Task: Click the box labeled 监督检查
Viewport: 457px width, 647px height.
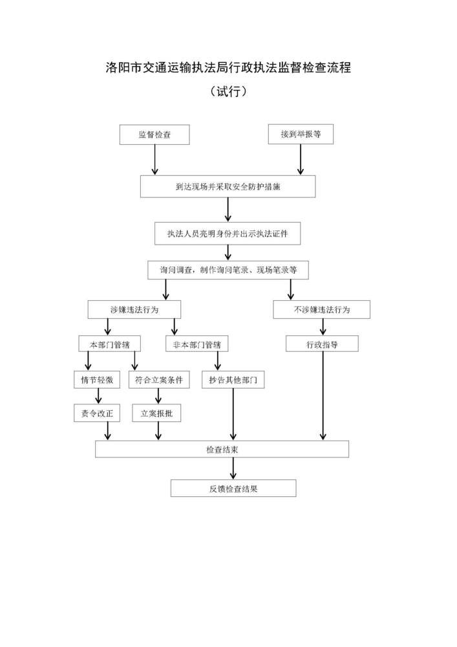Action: (x=154, y=135)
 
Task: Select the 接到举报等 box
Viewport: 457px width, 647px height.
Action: (x=301, y=135)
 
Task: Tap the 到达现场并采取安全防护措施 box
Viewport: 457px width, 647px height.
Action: (x=228, y=187)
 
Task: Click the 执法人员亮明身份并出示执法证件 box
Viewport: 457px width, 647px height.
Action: (x=228, y=234)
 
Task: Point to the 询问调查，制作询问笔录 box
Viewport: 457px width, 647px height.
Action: (x=228, y=270)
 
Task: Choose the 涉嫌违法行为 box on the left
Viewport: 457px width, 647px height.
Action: (x=134, y=310)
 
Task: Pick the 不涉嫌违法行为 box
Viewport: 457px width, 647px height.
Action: (x=321, y=310)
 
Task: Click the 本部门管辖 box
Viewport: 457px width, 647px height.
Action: (x=109, y=344)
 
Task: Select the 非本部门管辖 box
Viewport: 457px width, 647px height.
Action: (x=197, y=344)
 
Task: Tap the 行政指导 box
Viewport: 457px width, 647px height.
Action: (x=321, y=344)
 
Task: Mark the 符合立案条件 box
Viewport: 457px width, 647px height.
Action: (x=159, y=380)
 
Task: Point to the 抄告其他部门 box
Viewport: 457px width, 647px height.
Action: (x=233, y=380)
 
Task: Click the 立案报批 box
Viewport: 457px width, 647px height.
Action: (x=158, y=413)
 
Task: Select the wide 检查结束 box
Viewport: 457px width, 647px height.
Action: (x=222, y=449)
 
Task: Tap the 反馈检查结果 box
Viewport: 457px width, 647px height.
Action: (x=233, y=488)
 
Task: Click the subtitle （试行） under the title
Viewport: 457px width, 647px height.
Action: (x=228, y=93)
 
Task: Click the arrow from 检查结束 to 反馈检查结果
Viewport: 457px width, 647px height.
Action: (x=233, y=468)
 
